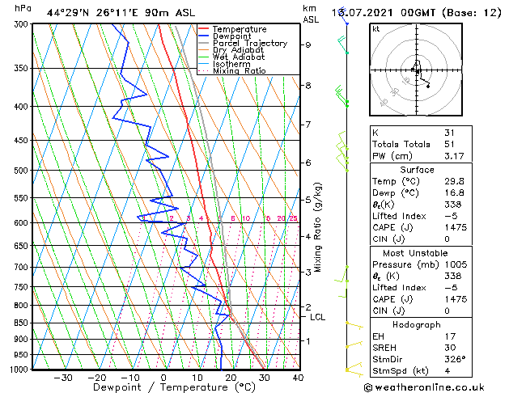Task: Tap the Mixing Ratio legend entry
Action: pos(240,71)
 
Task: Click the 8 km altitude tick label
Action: pos(308,86)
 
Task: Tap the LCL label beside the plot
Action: pos(317,318)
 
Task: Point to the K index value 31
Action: pos(449,133)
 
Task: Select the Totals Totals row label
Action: pos(398,145)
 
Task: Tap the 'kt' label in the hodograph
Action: pos(375,29)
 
